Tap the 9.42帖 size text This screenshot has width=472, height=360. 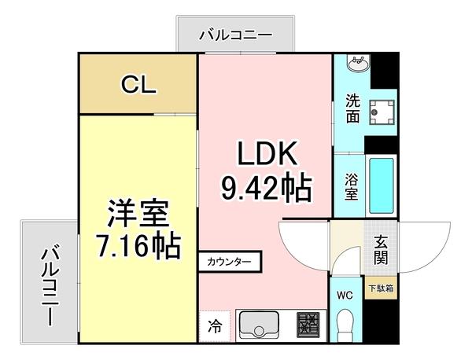pos(264,187)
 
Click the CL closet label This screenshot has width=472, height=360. pos(138,84)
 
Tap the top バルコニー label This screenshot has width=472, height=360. pos(235,35)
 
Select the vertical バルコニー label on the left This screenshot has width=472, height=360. pos(49,285)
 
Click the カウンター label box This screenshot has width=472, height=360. pos(230,261)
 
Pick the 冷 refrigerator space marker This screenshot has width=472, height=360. pos(215,323)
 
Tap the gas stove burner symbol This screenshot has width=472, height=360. pos(309,325)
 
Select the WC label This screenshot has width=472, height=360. pos(345,296)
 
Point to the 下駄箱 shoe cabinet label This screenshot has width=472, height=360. pos(382,288)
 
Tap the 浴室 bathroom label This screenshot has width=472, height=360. pos(351,186)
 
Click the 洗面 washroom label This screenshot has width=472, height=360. pos(352,108)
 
